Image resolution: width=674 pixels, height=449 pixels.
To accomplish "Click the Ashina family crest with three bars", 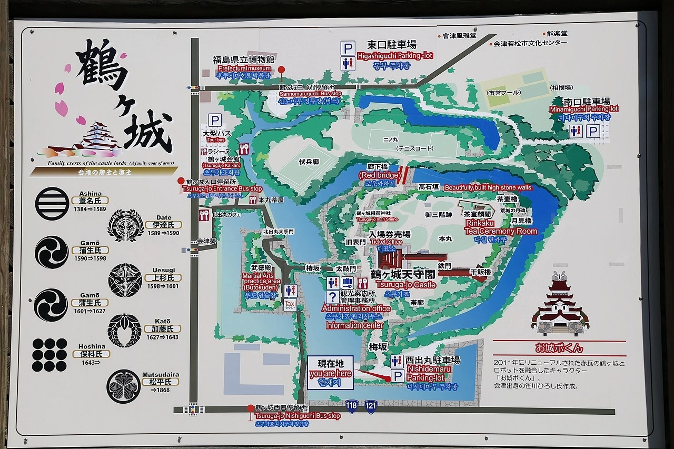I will (52, 204).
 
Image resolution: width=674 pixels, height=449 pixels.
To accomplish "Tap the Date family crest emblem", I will (125, 225).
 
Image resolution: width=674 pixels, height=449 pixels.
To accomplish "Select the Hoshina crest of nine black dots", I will (49, 355).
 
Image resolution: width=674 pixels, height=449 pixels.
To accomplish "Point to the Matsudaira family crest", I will (124, 386).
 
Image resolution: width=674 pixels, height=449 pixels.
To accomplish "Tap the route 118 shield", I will (352, 406).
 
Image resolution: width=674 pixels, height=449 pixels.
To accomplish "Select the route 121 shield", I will (371, 406).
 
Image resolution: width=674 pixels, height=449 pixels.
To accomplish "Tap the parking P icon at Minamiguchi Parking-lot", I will (593, 131).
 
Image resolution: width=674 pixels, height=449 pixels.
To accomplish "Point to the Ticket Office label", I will (386, 242).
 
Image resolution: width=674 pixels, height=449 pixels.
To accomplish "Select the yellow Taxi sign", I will (290, 305).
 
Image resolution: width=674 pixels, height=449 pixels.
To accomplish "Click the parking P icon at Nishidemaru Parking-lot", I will (398, 376).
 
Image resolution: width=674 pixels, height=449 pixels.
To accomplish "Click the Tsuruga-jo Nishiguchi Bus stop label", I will (298, 416).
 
